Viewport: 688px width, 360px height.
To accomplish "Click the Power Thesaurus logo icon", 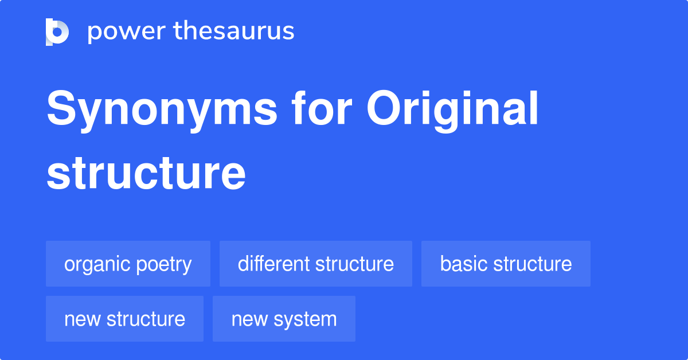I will click(57, 32).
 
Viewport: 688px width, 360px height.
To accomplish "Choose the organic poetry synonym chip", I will click(128, 264).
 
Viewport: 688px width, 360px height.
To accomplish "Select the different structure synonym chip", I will click(315, 264).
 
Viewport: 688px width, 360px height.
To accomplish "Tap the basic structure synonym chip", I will click(506, 264).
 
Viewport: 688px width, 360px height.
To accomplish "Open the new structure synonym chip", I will click(124, 319).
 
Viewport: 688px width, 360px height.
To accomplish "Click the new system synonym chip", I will click(284, 319).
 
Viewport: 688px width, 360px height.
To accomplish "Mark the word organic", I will click(97, 264).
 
